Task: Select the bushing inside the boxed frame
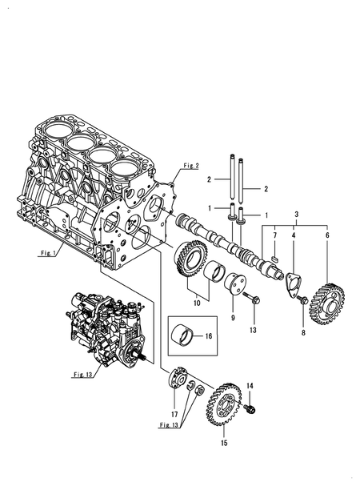(x=186, y=336)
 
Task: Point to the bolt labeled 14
(x=250, y=409)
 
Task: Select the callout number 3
(x=298, y=215)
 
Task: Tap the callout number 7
(x=274, y=236)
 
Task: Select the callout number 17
(x=175, y=414)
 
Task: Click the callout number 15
(x=223, y=440)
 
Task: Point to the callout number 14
(x=250, y=387)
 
